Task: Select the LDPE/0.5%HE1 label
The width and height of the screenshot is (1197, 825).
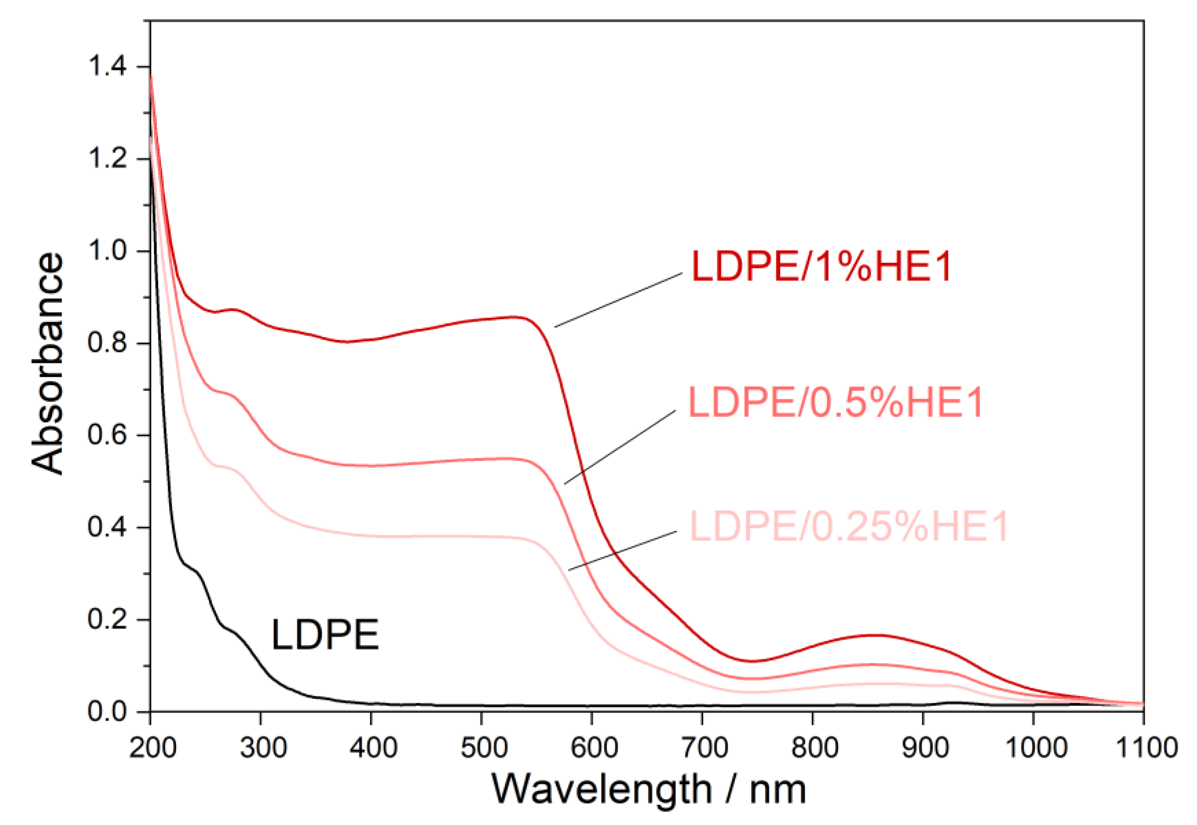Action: [836, 403]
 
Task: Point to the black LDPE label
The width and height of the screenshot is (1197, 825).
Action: [325, 634]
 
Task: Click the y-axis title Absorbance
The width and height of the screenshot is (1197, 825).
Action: [47, 363]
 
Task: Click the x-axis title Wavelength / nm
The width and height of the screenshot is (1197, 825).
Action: [649, 789]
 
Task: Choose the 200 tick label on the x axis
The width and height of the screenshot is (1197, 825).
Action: [153, 748]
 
